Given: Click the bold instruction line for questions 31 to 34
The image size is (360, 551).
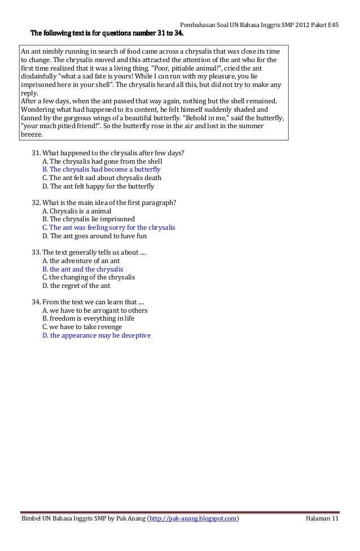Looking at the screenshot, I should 107,32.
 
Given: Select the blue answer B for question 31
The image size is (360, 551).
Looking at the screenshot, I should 102,169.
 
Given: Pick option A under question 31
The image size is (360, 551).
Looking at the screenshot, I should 102,161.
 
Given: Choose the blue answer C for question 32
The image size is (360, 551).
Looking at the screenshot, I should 109,228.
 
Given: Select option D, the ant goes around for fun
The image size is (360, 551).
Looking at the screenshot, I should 94,236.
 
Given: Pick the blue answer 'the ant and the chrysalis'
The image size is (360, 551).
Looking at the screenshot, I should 83,269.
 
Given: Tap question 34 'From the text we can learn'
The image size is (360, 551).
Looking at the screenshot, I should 88,302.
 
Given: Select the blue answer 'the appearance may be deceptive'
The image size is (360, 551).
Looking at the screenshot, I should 96,335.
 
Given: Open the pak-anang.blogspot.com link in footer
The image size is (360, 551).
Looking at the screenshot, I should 192,519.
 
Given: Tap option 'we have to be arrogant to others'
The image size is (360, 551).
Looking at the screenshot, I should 95,311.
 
